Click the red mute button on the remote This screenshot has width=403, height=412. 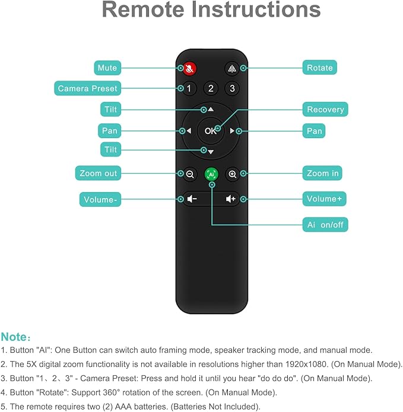point(189,68)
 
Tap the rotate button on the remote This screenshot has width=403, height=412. point(232,68)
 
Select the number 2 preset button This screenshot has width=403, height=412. point(211,88)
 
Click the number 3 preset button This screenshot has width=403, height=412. point(232,88)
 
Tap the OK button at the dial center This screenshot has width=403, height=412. point(211,131)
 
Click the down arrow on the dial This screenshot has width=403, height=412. point(211,152)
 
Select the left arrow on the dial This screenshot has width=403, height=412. point(189,131)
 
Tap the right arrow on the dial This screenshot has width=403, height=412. point(233,131)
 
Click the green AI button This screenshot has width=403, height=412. point(211,174)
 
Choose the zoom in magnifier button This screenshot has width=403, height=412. point(233,174)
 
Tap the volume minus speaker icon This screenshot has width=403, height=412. point(191,199)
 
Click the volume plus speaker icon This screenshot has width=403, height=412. point(231,199)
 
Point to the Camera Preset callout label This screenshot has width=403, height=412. point(87,89)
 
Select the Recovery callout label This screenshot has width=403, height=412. point(325,110)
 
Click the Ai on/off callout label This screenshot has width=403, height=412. point(325,225)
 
